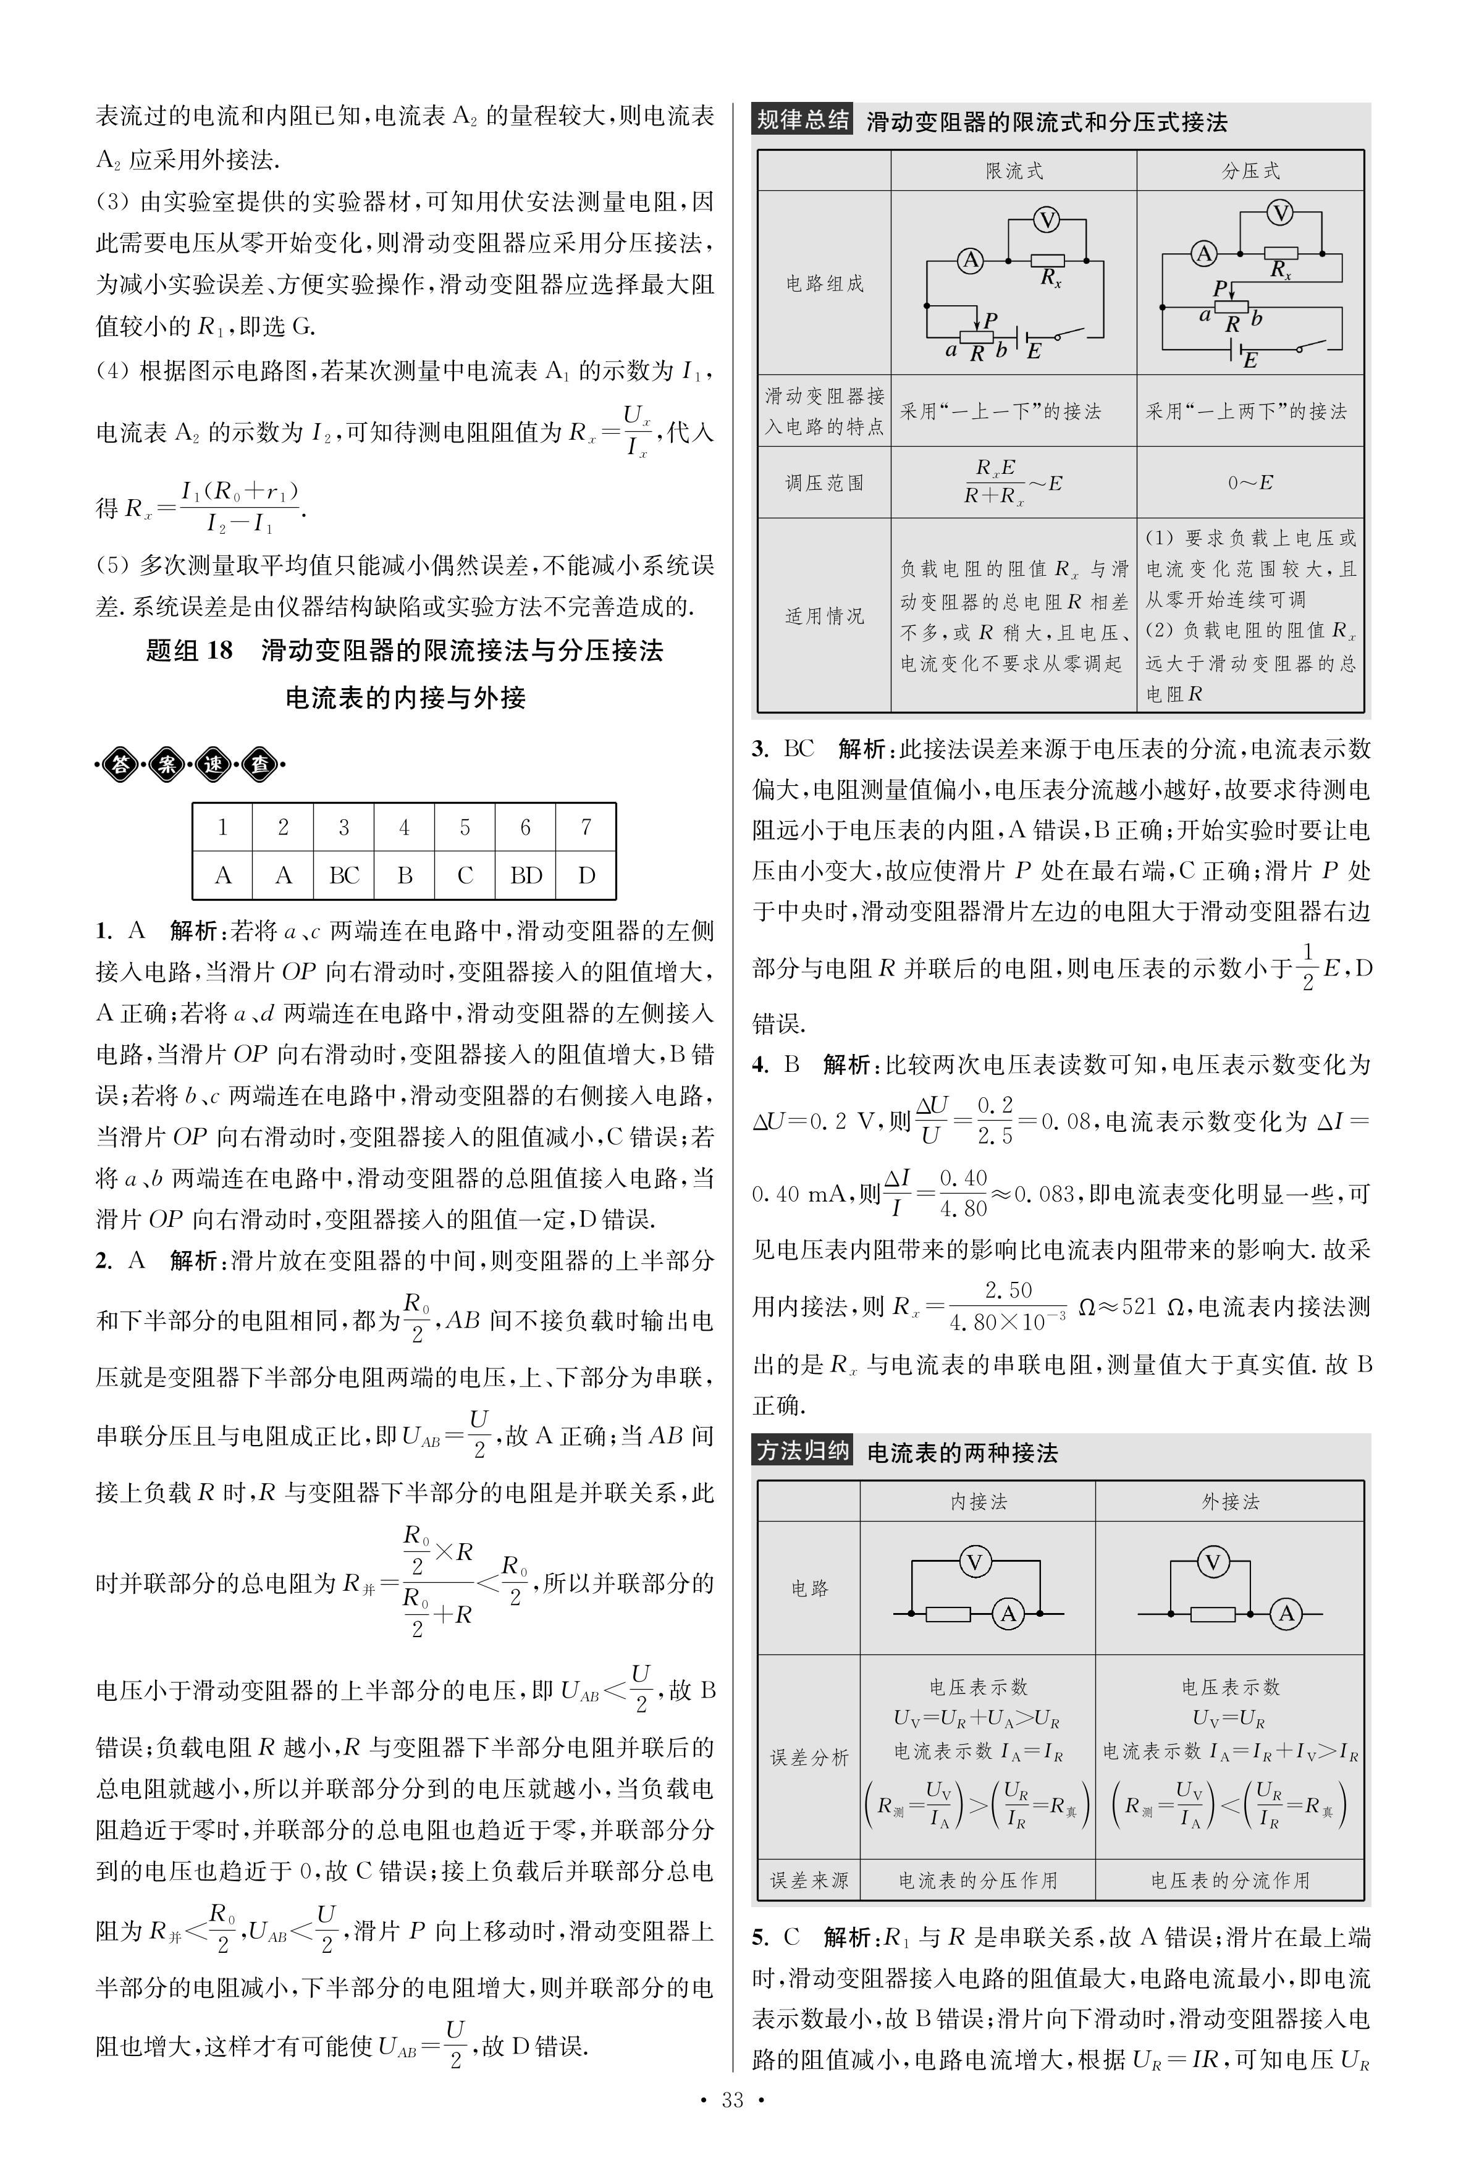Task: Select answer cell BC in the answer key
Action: click(344, 875)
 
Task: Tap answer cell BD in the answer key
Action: click(526, 875)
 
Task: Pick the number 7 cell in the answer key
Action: click(586, 827)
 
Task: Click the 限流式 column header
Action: click(1014, 171)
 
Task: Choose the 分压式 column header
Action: click(1251, 171)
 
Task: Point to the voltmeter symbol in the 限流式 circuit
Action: click(1047, 220)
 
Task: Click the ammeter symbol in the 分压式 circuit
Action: click(1204, 253)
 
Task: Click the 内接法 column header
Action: click(978, 1502)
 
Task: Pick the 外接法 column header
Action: click(1231, 1502)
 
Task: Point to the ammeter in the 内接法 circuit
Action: click(1008, 1613)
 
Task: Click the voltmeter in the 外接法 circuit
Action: click(1213, 1562)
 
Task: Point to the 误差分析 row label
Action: click(810, 1757)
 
